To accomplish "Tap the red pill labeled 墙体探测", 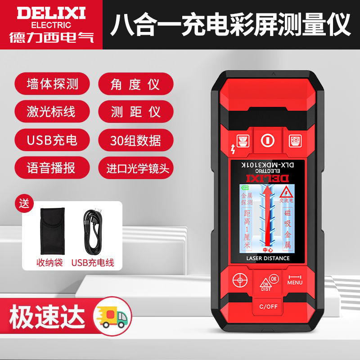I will click(52, 84).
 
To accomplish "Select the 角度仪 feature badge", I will click(135, 84).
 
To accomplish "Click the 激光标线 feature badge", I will click(52, 112).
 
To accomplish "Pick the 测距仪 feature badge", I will click(135, 112).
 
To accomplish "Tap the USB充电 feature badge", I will click(52, 140).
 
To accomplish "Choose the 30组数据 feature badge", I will click(135, 140).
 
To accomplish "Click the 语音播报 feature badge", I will click(52, 168).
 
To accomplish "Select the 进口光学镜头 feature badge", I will click(135, 168).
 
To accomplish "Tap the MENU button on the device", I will click(295, 279).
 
